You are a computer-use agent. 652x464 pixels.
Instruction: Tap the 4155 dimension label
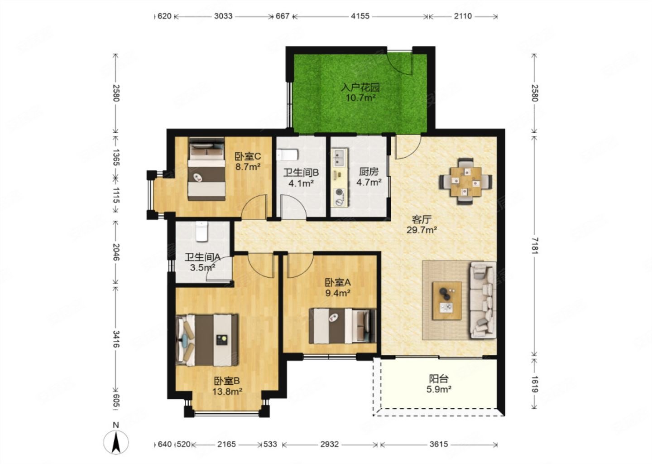(x=360, y=16)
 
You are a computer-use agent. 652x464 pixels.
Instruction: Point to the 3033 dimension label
(x=223, y=16)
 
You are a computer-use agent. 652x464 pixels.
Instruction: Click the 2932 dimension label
(x=330, y=444)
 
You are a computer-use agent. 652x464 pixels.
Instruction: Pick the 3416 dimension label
(x=116, y=339)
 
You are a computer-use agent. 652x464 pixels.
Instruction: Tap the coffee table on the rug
(x=447, y=300)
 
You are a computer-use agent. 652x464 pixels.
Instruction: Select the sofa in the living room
(x=483, y=300)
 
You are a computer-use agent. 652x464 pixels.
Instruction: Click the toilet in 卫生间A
(x=201, y=231)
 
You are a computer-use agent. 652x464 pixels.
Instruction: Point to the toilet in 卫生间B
(x=288, y=155)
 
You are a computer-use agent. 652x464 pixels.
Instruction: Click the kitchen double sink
(x=340, y=157)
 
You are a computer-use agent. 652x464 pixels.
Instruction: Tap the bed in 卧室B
(x=207, y=340)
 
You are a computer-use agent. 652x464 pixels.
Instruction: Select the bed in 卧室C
(x=206, y=169)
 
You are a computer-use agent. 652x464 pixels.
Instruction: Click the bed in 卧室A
(x=342, y=326)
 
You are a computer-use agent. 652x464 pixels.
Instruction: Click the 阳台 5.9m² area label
(x=439, y=384)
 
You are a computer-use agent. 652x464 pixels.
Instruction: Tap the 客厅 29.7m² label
(x=422, y=224)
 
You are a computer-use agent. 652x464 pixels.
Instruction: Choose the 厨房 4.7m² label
(x=369, y=177)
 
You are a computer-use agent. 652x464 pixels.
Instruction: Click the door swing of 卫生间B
(x=293, y=206)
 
